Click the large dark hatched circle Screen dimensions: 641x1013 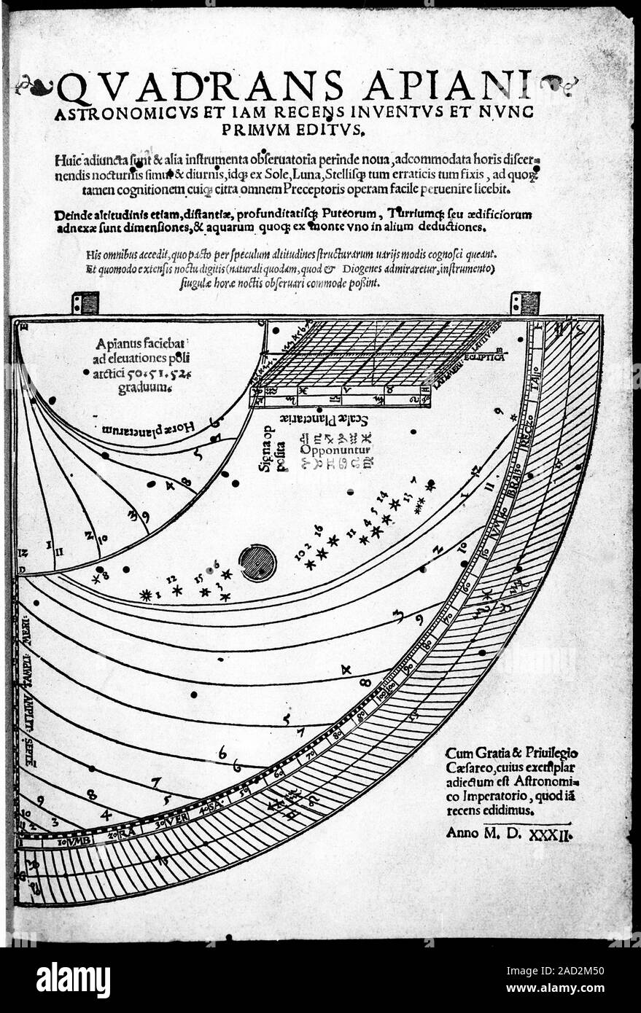[257, 563]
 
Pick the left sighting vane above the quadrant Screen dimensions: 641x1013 [85, 302]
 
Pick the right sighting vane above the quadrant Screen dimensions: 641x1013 [524, 302]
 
